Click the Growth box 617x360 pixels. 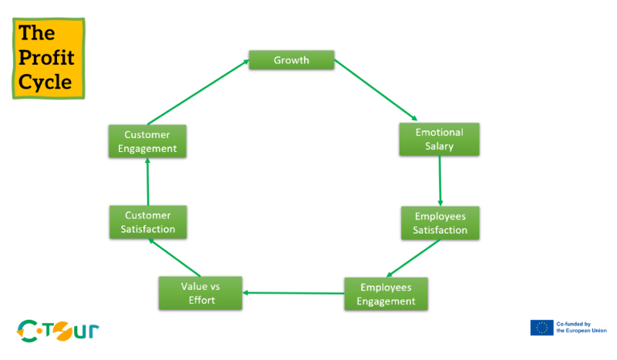tap(291, 60)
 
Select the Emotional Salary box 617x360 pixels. tap(440, 140)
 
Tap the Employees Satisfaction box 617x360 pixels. tap(440, 223)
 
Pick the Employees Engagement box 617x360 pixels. tap(385, 293)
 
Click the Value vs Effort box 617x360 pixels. tap(200, 293)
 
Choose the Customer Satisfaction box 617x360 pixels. tap(147, 222)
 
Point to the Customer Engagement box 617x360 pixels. tap(147, 141)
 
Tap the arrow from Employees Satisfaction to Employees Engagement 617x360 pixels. tap(413, 257)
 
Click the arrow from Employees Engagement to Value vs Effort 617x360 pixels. tap(293, 293)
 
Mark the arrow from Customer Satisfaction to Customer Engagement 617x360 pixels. tap(147, 182)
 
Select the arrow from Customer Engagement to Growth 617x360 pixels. tap(197, 91)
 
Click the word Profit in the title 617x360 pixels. tap(46, 58)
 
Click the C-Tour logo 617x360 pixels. tap(58, 331)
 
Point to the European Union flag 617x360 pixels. tap(541, 328)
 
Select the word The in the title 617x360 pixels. tap(36, 32)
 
